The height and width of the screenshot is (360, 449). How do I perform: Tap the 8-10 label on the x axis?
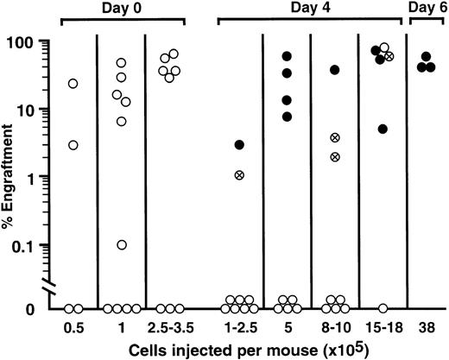333,328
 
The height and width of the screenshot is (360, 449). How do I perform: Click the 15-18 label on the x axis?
382,328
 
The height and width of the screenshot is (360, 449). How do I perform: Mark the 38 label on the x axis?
425,328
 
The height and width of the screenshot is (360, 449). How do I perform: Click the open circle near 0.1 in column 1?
122,245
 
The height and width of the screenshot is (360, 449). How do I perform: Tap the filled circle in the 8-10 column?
334,69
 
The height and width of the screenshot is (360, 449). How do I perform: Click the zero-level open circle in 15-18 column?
382,308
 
